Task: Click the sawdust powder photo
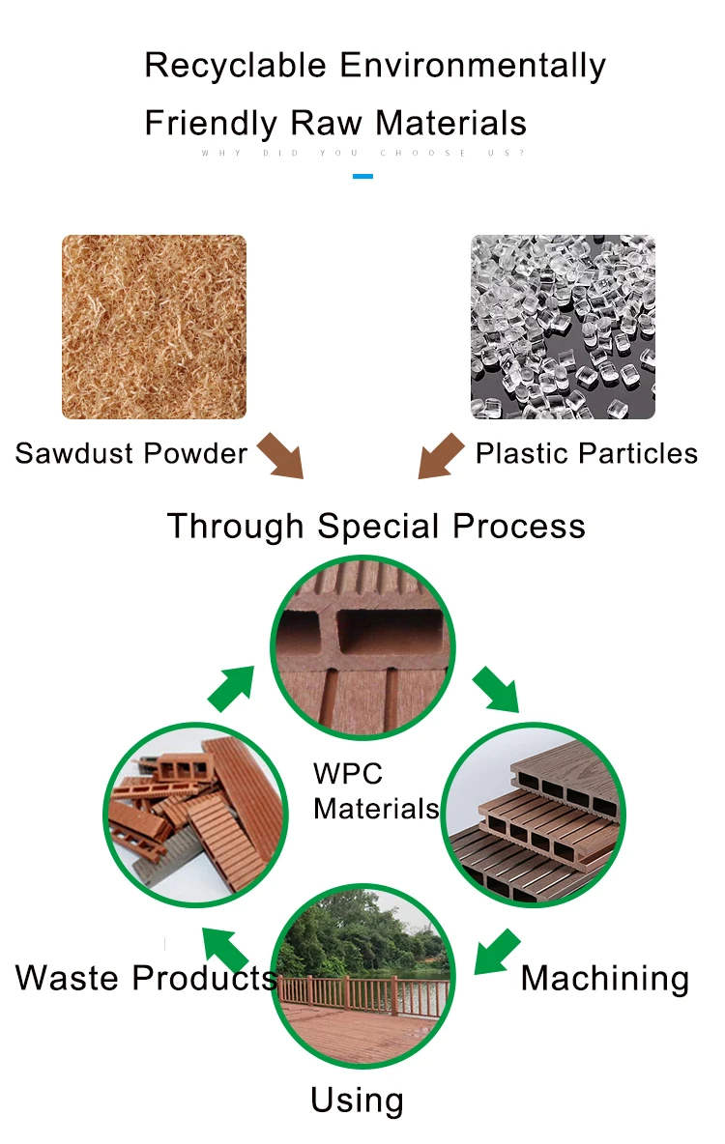154,327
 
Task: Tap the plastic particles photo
563,327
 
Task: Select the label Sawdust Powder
131,453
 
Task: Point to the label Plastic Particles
586,453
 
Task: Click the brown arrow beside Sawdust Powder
281,455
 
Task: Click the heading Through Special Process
376,527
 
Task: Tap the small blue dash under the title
362,176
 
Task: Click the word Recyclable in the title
236,66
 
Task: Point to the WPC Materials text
375,791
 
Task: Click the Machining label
605,979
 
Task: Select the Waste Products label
146,979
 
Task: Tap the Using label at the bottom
357,1101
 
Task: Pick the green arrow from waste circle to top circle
232,687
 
